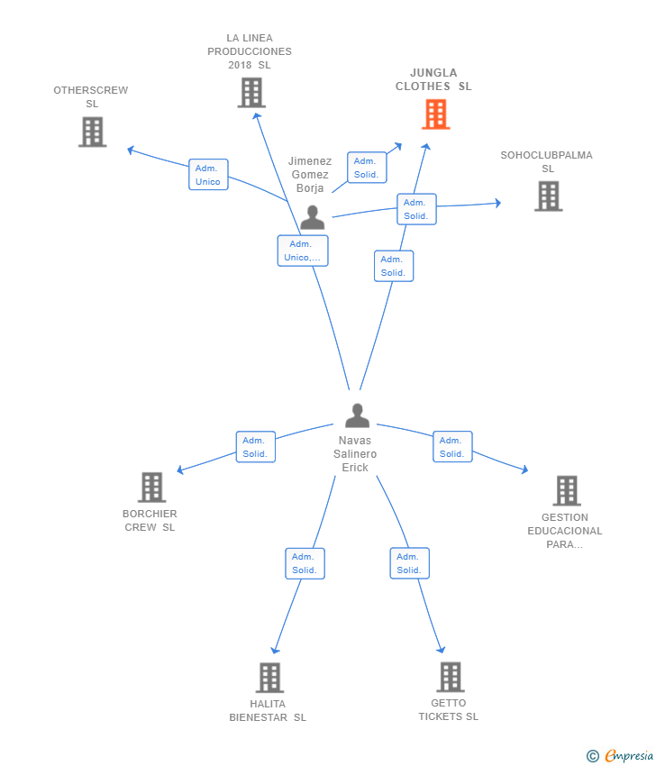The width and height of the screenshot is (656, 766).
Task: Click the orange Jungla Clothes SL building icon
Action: (x=436, y=114)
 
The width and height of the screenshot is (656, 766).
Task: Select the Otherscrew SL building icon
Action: (x=92, y=132)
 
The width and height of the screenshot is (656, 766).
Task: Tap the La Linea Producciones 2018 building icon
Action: (x=251, y=93)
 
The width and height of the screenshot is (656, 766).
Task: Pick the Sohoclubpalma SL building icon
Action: (x=548, y=196)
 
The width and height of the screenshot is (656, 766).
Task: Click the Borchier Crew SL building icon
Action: (x=151, y=487)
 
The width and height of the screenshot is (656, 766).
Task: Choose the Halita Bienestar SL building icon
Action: (x=269, y=678)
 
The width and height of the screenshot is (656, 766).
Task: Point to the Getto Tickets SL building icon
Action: (x=450, y=677)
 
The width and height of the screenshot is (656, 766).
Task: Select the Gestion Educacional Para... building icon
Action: (x=567, y=490)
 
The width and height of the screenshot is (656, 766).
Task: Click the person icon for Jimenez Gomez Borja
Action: (x=312, y=217)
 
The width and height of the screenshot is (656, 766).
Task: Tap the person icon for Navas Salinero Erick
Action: (x=357, y=415)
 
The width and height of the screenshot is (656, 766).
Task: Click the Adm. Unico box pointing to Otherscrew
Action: (x=208, y=175)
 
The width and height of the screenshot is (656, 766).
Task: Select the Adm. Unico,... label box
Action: (x=303, y=251)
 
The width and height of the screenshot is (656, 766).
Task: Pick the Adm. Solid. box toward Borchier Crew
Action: (x=256, y=446)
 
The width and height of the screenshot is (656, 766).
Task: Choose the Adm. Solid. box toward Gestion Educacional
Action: (x=452, y=446)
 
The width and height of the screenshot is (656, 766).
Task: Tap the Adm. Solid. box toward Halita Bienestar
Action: (x=305, y=563)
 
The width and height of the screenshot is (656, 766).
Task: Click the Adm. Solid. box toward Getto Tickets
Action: (x=409, y=563)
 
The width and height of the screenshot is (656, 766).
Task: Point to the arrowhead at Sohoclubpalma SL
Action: (x=497, y=204)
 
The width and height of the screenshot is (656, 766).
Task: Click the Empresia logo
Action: (x=620, y=756)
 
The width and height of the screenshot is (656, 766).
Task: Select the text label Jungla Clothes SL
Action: (x=433, y=79)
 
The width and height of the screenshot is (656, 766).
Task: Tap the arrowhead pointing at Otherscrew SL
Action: (x=131, y=150)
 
